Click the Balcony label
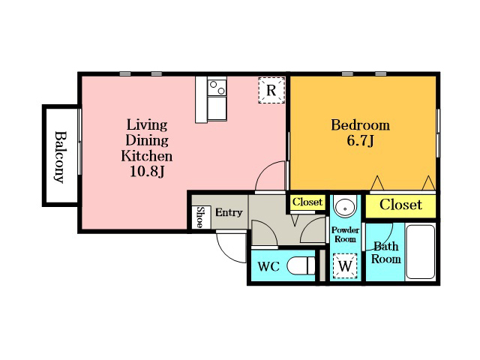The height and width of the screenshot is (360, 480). pos(60,157)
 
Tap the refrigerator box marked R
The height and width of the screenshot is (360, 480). pos(271,90)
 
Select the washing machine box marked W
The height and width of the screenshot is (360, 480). pos(345,265)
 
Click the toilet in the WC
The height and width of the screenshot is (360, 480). pos(301,265)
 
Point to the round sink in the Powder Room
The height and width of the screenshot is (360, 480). pos(345,206)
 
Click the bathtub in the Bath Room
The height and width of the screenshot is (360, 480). pos(420,252)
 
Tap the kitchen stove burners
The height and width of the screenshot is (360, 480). pos(217,87)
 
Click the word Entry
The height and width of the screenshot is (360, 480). pos(229,212)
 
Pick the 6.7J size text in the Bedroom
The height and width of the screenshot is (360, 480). pos(361,141)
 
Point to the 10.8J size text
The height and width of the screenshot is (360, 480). pos(147,172)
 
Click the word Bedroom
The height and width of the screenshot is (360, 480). pos(361,125)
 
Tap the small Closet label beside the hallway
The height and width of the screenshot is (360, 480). pos(307,202)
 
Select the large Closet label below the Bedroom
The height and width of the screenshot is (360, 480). pos(400,205)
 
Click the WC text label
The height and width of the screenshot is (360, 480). pos(268,267)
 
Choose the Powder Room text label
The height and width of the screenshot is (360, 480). pos(345,235)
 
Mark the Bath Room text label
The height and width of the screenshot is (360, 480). pos(386,253)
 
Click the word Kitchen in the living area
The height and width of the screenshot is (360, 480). pos(147,156)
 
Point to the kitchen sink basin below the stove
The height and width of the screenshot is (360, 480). pos(217,108)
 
